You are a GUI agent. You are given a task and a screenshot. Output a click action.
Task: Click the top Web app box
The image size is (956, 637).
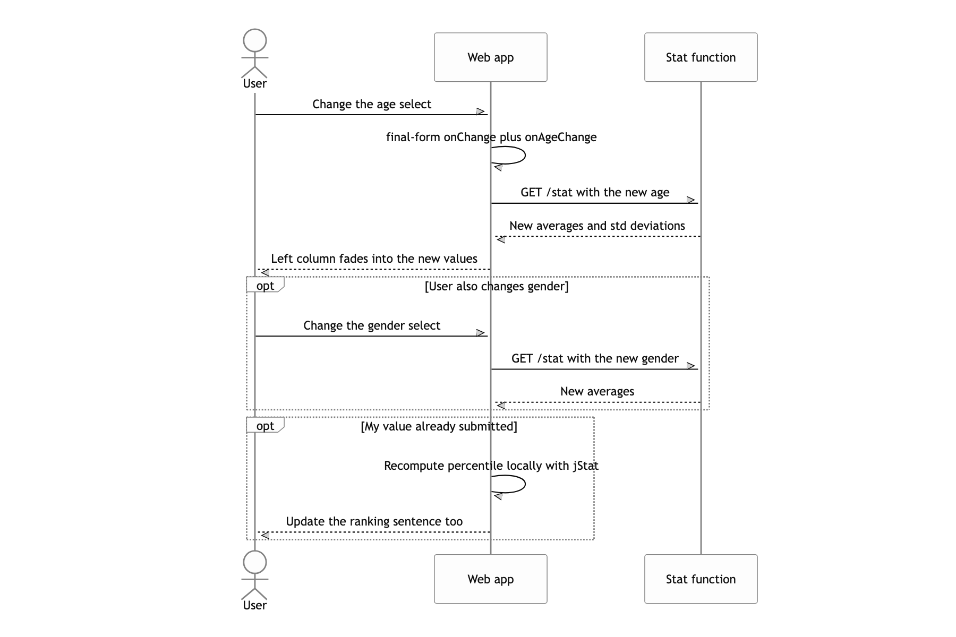click(x=490, y=57)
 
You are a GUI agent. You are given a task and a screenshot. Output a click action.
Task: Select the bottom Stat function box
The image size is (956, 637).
click(x=701, y=579)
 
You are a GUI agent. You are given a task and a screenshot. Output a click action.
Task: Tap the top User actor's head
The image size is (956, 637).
click(x=254, y=41)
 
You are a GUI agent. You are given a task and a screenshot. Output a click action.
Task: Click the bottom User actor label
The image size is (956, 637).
click(x=254, y=605)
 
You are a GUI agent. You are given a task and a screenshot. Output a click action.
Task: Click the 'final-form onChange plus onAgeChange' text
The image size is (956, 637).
click(x=491, y=137)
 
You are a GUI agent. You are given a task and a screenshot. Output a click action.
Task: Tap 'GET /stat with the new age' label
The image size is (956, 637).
click(x=595, y=193)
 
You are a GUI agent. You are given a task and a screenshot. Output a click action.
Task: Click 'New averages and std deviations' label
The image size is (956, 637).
click(x=597, y=226)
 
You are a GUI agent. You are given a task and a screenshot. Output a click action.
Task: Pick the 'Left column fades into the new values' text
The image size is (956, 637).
click(x=374, y=259)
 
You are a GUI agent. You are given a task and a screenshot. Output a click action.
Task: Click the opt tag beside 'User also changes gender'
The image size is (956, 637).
click(x=265, y=286)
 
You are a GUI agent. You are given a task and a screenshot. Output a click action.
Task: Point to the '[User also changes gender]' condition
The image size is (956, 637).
click(x=497, y=287)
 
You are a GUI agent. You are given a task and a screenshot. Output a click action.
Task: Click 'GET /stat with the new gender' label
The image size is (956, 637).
click(x=595, y=359)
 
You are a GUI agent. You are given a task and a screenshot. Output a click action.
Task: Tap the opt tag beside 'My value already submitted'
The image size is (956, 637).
click(x=265, y=426)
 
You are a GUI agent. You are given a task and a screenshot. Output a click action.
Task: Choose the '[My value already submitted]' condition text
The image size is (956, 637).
click(x=439, y=427)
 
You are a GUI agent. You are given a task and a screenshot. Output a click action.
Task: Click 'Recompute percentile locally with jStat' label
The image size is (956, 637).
click(x=491, y=466)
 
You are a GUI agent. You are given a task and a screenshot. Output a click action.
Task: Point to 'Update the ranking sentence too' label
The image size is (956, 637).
click(x=374, y=522)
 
